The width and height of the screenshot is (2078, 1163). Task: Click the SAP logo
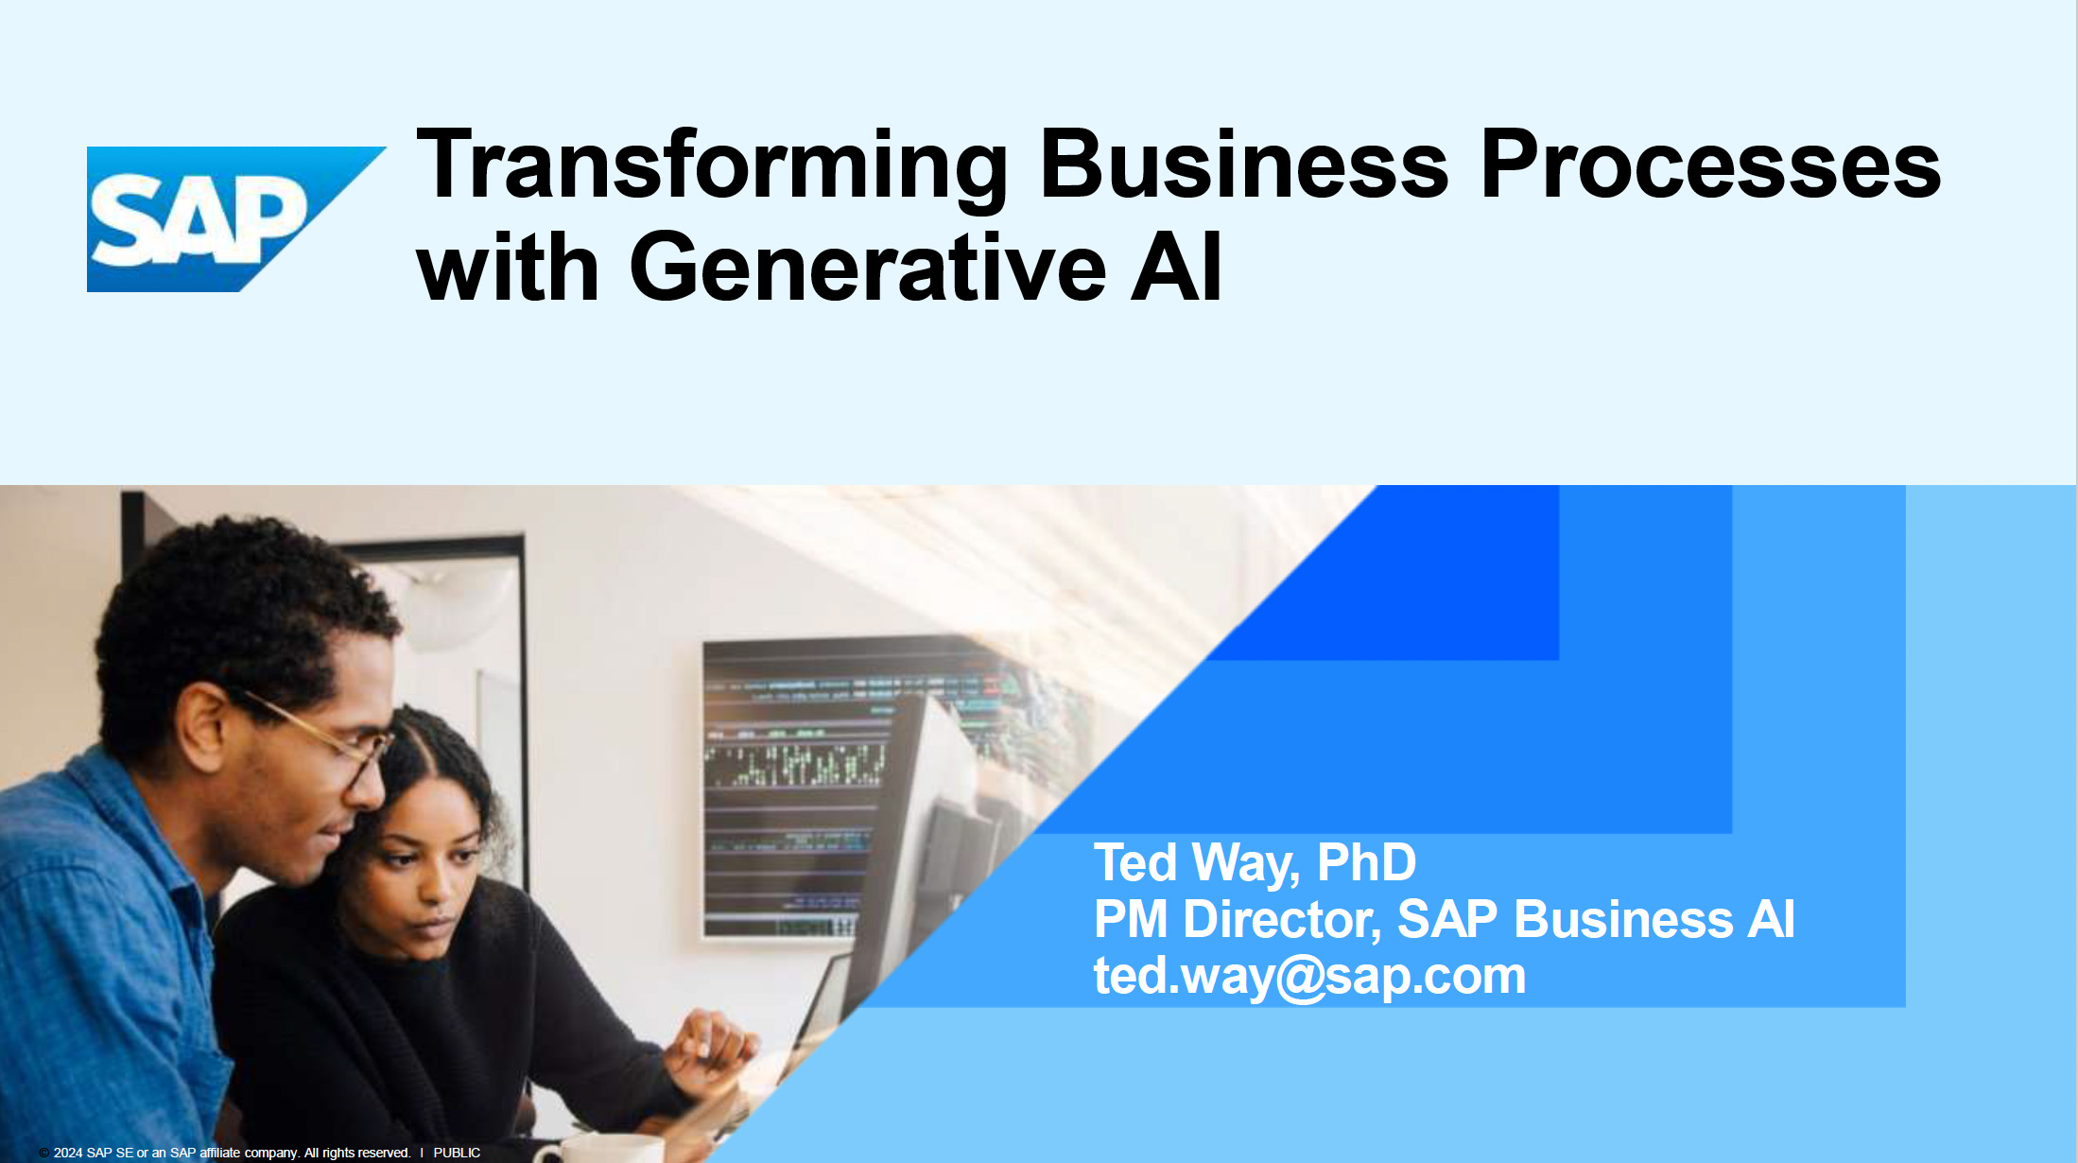(236, 219)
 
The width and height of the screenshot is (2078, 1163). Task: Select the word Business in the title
(1244, 165)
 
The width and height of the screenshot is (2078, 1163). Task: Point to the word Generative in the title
(867, 268)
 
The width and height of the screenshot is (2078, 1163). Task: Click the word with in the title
(508, 268)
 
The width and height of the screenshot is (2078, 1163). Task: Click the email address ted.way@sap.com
(1309, 976)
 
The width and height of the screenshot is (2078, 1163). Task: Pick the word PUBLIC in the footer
(457, 1153)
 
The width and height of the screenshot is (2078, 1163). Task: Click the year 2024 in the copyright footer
(68, 1153)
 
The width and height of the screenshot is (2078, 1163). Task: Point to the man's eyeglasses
(321, 738)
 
